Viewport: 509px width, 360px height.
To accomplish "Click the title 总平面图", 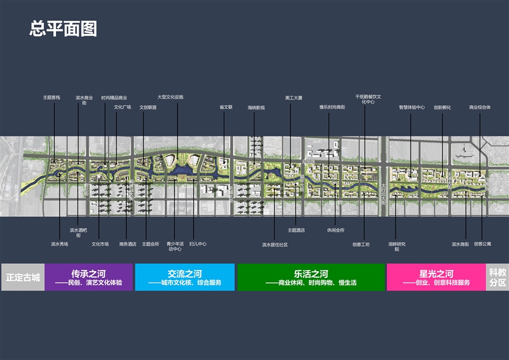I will pos(63,29).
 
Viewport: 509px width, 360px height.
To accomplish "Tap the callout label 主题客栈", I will pos(51,97).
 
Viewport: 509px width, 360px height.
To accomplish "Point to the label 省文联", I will pos(226,106).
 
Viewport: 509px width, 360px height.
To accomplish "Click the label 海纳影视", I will pos(256,107).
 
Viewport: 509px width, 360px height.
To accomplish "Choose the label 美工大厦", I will pos(294,98).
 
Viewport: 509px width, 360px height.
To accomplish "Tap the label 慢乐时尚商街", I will pos(332,107).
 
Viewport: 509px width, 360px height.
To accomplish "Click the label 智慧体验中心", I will pos(412,107).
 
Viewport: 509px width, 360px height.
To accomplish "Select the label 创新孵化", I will pos(442,107).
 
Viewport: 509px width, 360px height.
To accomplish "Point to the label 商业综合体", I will pos(480,107).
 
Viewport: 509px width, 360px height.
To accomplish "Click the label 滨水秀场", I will pos(59,245).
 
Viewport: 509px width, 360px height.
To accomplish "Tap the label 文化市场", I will pos(100,245).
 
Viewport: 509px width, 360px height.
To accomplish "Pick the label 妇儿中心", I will pos(198,244).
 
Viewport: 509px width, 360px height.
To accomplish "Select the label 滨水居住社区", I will pos(275,245).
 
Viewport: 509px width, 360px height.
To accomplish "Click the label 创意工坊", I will pos(360,245).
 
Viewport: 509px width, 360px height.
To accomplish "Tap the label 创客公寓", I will pos(482,245).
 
